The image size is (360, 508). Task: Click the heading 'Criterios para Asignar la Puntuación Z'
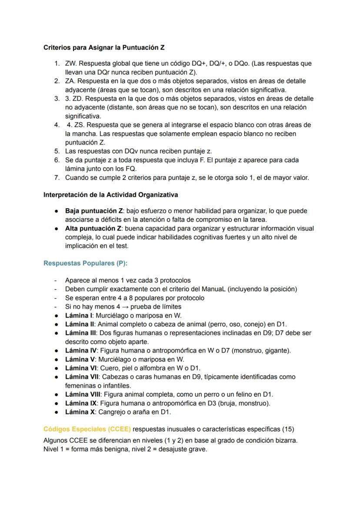point(103,47)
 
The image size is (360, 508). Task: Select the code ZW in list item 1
point(70,63)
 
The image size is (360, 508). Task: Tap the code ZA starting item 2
point(70,81)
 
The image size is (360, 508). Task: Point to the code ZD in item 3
point(77,99)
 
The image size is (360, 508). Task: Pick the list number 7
point(57,177)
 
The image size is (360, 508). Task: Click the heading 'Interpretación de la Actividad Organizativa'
point(110,195)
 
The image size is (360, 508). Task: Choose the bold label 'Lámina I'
point(79,315)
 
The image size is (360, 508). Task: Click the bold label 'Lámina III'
point(80,333)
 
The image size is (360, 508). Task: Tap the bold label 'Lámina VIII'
point(82,394)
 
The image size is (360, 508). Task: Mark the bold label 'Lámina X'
point(80,412)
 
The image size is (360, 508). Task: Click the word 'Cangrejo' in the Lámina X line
point(112,412)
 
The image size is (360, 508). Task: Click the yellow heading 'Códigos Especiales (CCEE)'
point(87,429)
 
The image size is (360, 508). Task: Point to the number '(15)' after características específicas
point(288,429)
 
